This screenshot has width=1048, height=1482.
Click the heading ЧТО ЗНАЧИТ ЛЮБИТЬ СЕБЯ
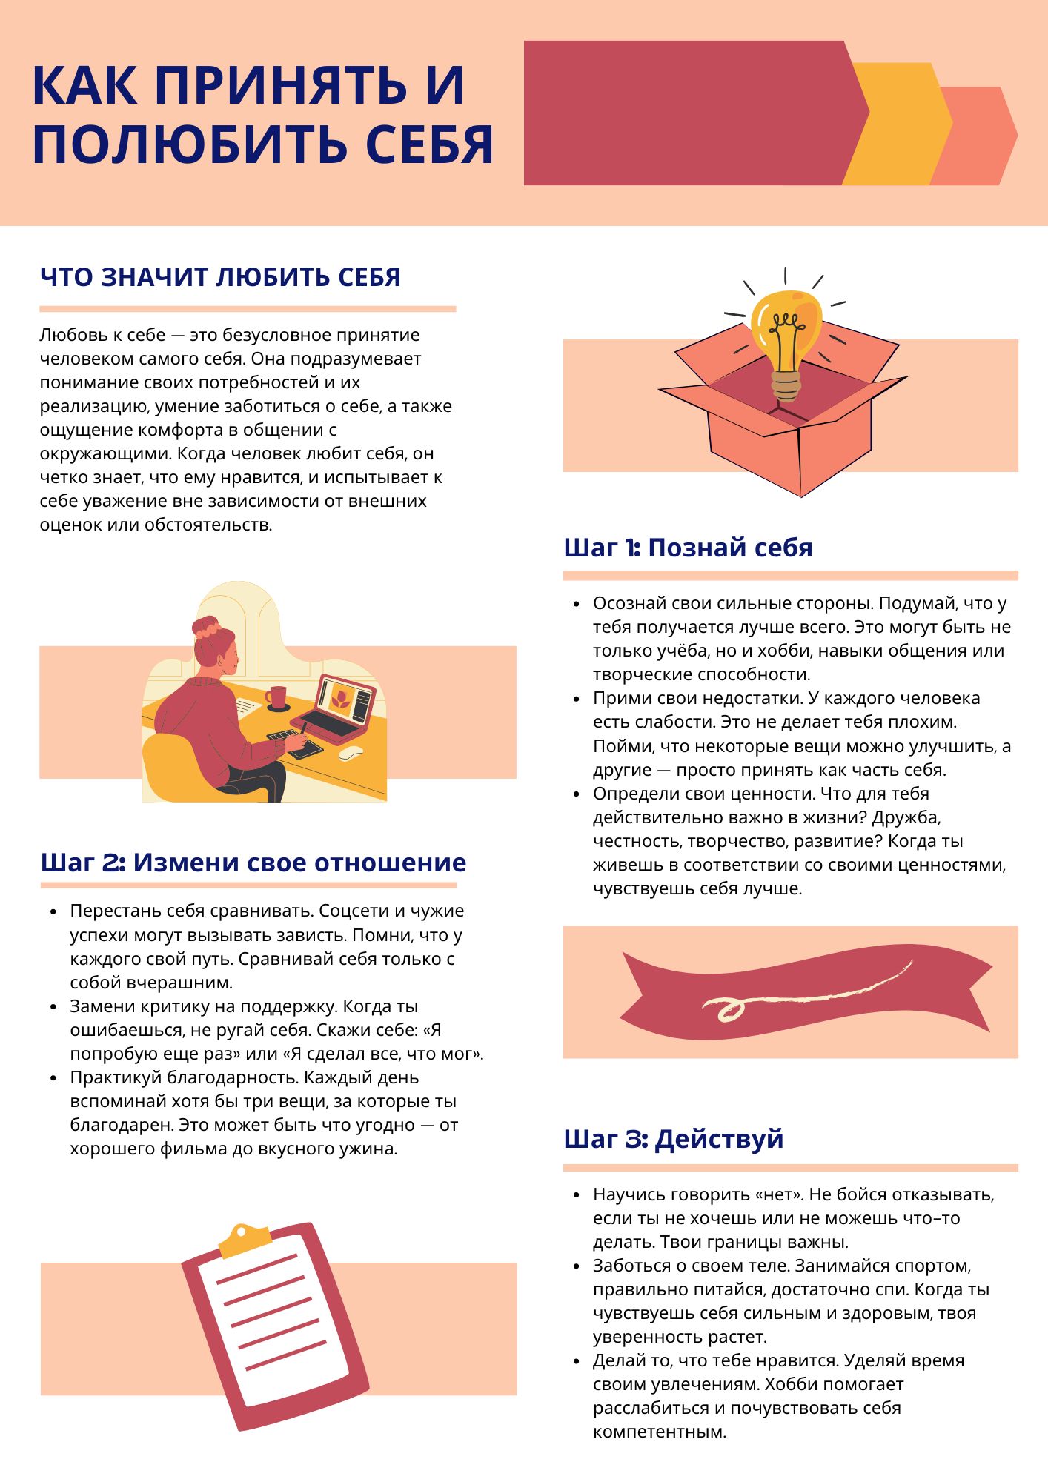pos(220,277)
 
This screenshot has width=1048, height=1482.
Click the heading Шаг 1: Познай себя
pos(688,548)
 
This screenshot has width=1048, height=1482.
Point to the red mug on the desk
pos(278,697)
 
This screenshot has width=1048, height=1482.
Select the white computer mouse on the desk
pos(351,753)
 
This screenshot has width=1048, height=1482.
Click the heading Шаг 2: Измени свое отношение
pos(253,863)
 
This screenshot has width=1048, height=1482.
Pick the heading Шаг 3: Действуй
pos(673,1138)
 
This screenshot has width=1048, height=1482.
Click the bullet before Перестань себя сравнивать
pos(53,911)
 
